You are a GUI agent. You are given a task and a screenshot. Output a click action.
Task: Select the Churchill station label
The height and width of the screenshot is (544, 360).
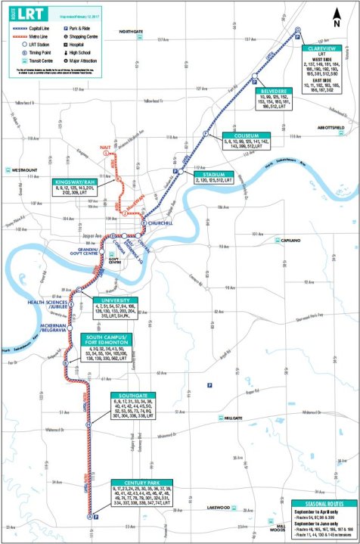pyautogui.click(x=160, y=224)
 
